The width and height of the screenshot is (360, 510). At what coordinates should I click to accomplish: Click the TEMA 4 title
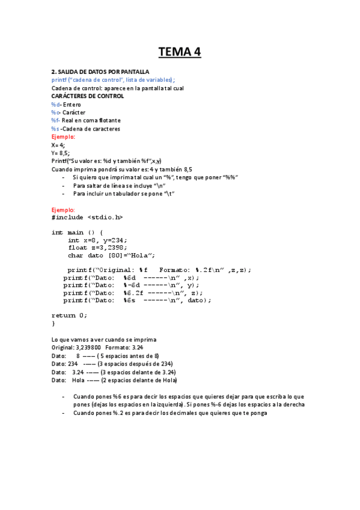(180, 52)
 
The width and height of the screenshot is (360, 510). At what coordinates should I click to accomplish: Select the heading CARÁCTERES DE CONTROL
(88, 96)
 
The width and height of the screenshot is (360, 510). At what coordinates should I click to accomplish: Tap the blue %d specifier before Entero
(55, 105)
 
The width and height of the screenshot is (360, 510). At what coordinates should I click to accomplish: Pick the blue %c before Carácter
(55, 112)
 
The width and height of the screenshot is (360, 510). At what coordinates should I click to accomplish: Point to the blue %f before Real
(55, 120)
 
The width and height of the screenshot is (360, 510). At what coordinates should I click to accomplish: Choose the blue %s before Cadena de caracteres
(55, 129)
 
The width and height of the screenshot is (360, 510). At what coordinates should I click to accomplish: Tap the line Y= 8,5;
(61, 153)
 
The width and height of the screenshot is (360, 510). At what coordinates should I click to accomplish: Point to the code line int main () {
(78, 232)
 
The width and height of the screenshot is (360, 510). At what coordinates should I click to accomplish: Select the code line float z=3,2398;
(97, 247)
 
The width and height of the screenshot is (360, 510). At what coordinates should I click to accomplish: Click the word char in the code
(76, 255)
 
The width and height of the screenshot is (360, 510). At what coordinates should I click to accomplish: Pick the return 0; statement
(69, 315)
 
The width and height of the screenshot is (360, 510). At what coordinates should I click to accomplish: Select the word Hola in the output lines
(78, 380)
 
